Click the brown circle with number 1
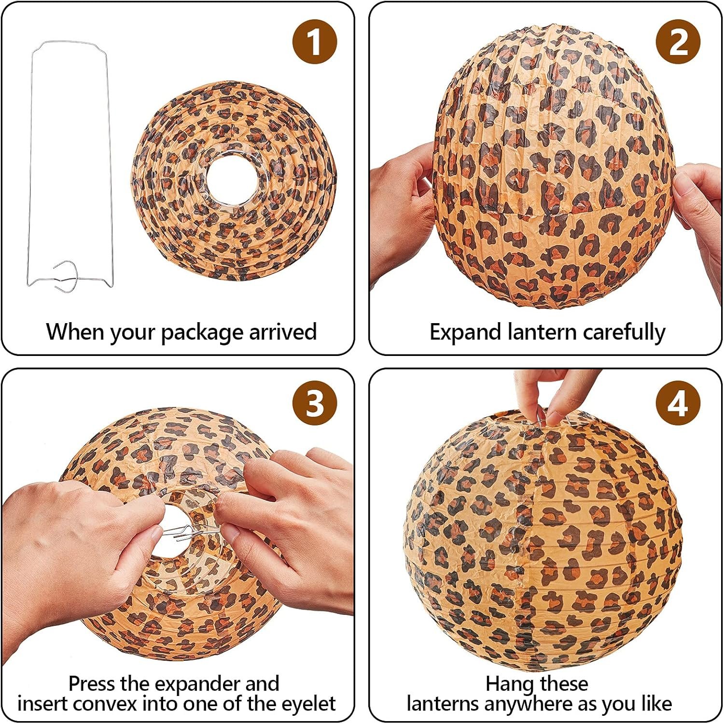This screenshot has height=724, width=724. point(314,42)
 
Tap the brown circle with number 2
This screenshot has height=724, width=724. point(678,42)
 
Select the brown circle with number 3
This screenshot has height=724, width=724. point(314,403)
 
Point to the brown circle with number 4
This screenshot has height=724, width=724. point(678,403)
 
